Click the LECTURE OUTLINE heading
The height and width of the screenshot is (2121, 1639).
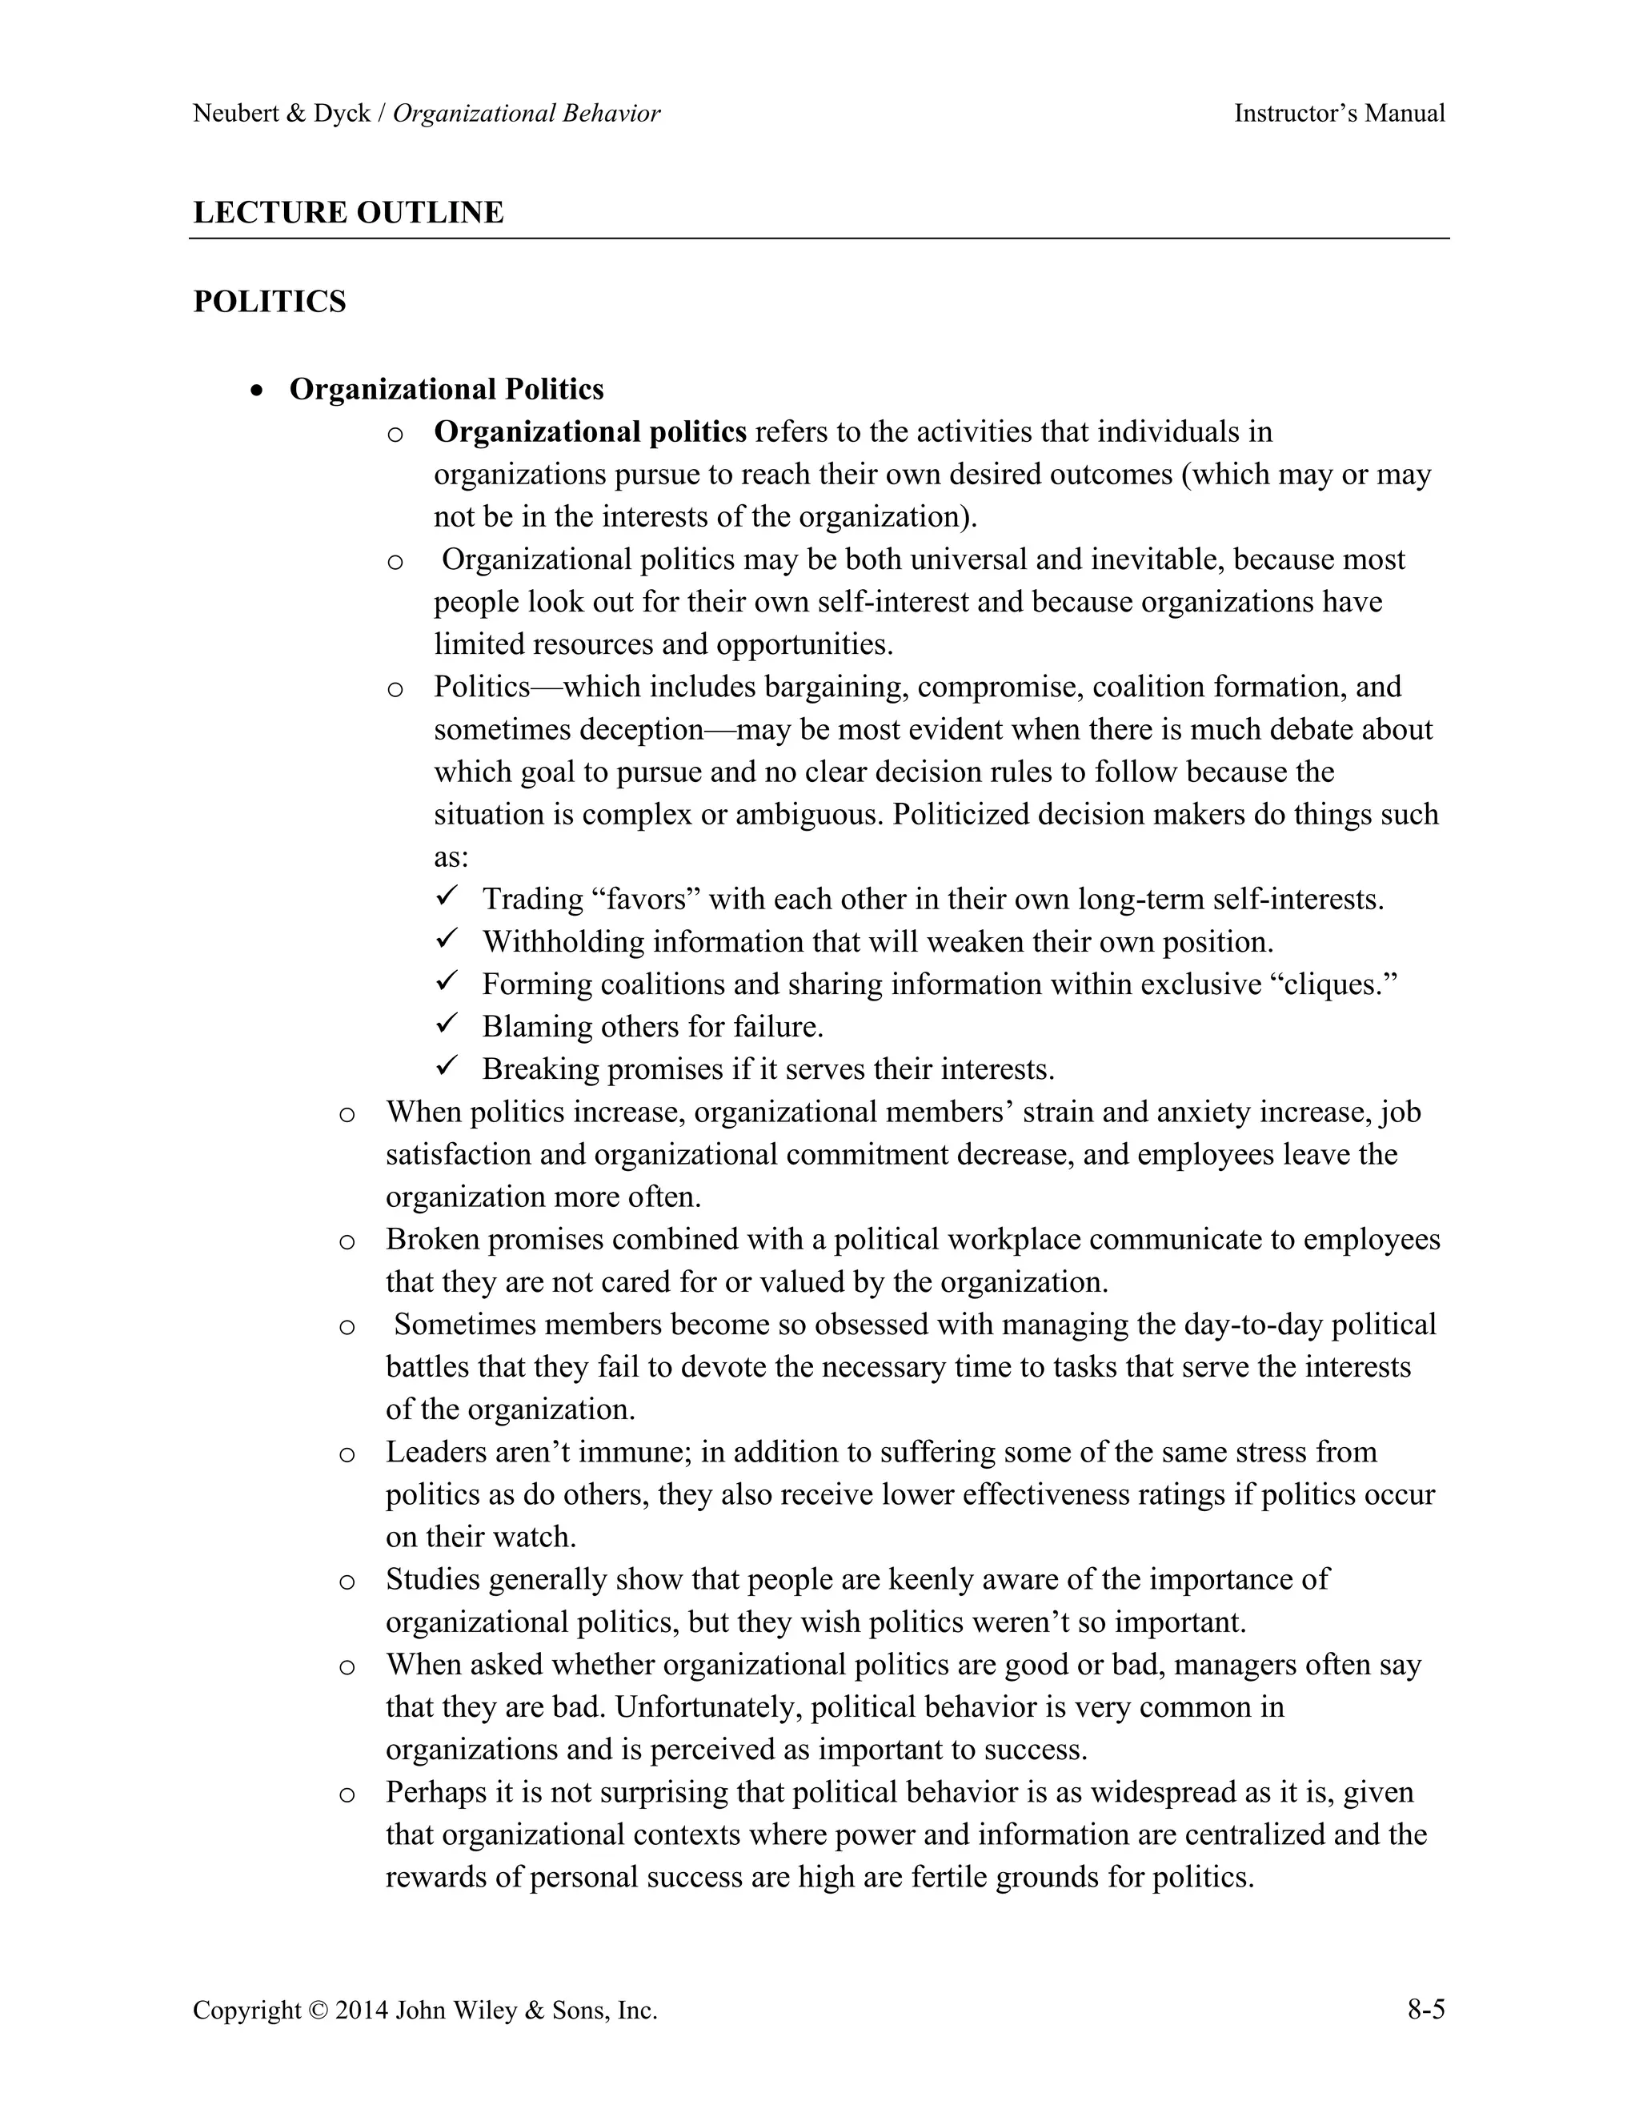[347, 213]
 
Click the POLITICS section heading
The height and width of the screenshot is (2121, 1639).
[269, 302]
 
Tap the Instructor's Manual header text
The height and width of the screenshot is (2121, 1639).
[1339, 114]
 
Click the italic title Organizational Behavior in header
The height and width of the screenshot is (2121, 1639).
[527, 114]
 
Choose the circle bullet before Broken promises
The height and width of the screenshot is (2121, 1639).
[347, 1241]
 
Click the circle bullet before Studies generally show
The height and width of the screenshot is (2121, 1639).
[347, 1581]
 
